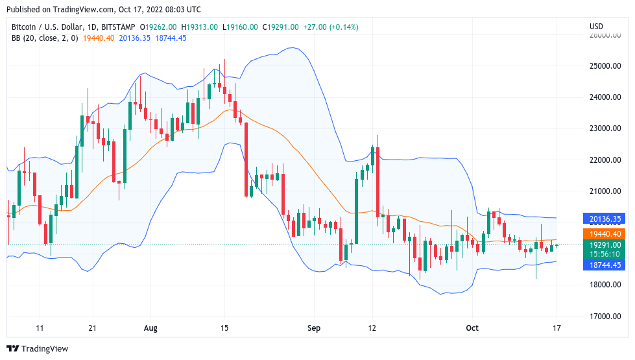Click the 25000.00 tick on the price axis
tap(605, 66)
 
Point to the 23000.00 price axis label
tap(605, 128)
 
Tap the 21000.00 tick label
tap(605, 191)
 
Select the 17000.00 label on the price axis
tap(605, 317)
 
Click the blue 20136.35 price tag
tap(606, 219)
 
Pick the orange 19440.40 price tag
tap(606, 234)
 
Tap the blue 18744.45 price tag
tap(606, 265)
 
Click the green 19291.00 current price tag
tap(606, 245)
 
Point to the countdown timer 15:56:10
tap(606, 254)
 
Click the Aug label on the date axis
tap(150, 328)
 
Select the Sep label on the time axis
tap(314, 328)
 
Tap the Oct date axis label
tap(472, 328)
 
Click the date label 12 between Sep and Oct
tap(373, 328)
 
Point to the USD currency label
tap(596, 27)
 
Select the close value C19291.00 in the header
tap(280, 27)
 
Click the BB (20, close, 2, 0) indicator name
tap(45, 38)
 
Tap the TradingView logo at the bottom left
tap(37, 349)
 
